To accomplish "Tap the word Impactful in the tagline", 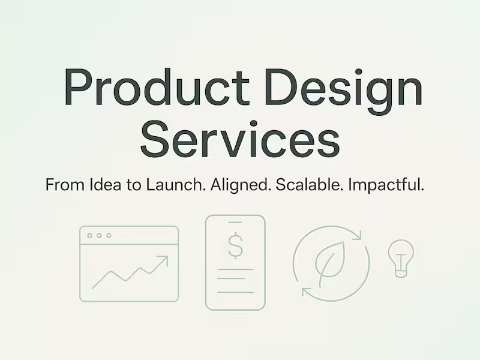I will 391,185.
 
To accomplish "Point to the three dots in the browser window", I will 99,235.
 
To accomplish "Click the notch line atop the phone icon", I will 235,221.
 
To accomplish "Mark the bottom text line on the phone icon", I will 235,292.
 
